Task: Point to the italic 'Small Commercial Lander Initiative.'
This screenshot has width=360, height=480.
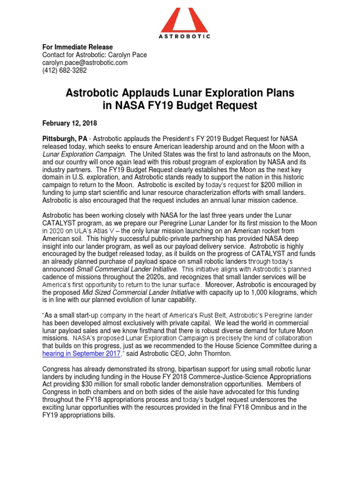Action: pos(127,269)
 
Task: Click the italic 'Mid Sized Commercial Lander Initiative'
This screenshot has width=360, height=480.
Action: pos(129,292)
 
